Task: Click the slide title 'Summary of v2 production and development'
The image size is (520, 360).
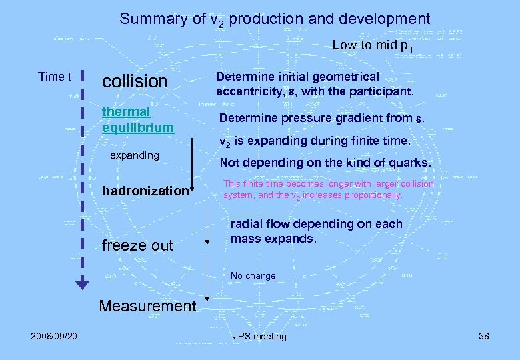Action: pyautogui.click(x=275, y=19)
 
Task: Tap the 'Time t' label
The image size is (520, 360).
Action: pyautogui.click(x=55, y=77)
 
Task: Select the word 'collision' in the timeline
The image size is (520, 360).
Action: pyautogui.click(x=134, y=81)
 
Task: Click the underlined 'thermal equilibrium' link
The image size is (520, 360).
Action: pyautogui.click(x=137, y=119)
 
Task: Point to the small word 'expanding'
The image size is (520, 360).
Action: pyautogui.click(x=135, y=155)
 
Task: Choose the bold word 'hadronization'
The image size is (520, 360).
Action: pyautogui.click(x=145, y=191)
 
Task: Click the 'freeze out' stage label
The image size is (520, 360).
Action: pyautogui.click(x=137, y=245)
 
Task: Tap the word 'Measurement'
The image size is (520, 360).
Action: pyautogui.click(x=147, y=306)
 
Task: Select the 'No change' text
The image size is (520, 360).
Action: pyautogui.click(x=253, y=275)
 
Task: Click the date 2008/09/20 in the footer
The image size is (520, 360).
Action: pyautogui.click(x=53, y=336)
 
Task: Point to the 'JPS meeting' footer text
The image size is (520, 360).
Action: pyautogui.click(x=259, y=336)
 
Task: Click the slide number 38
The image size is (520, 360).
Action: pyautogui.click(x=483, y=336)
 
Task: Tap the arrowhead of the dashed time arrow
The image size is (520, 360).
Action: pyautogui.click(x=81, y=285)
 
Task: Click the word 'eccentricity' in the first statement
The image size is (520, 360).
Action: pyautogui.click(x=247, y=91)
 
